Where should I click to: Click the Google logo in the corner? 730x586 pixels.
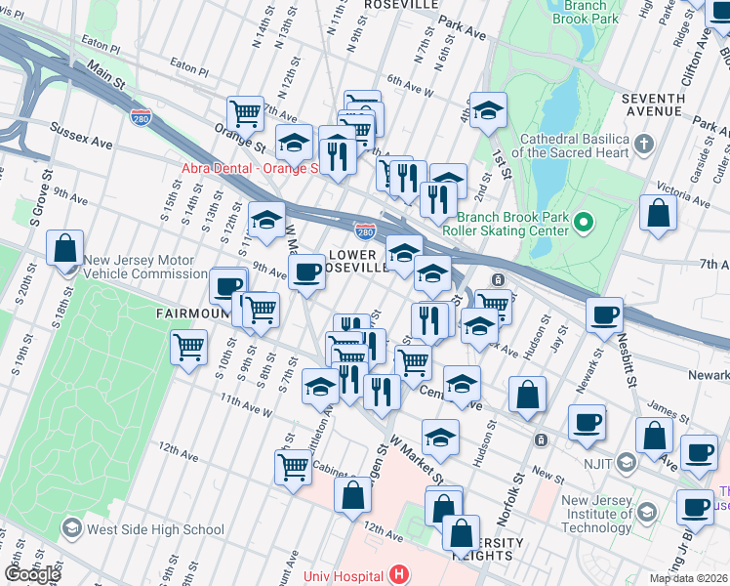coord(31,573)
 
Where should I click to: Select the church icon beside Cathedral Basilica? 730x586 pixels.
coord(642,146)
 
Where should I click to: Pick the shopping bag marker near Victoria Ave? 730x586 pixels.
coord(659,212)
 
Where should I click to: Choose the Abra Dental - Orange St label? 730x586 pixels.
coord(249,168)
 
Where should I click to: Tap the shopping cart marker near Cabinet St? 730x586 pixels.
coord(293,467)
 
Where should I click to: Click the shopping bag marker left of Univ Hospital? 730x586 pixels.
coord(352,494)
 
